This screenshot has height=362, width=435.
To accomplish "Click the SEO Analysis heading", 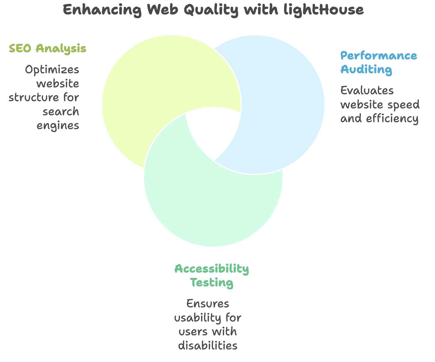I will click(48, 48).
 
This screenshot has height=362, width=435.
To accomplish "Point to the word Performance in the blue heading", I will click(379, 56).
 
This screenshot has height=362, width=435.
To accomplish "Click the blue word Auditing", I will click(366, 70).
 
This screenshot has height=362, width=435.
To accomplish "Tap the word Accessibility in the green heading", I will click(212, 269).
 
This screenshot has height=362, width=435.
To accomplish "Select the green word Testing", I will click(212, 283).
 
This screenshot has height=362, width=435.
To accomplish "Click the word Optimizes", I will click(52, 70).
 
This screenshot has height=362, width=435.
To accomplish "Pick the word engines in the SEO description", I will click(58, 125).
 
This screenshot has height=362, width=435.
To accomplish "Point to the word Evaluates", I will click(367, 91).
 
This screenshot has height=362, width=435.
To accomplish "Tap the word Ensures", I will click(208, 304).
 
